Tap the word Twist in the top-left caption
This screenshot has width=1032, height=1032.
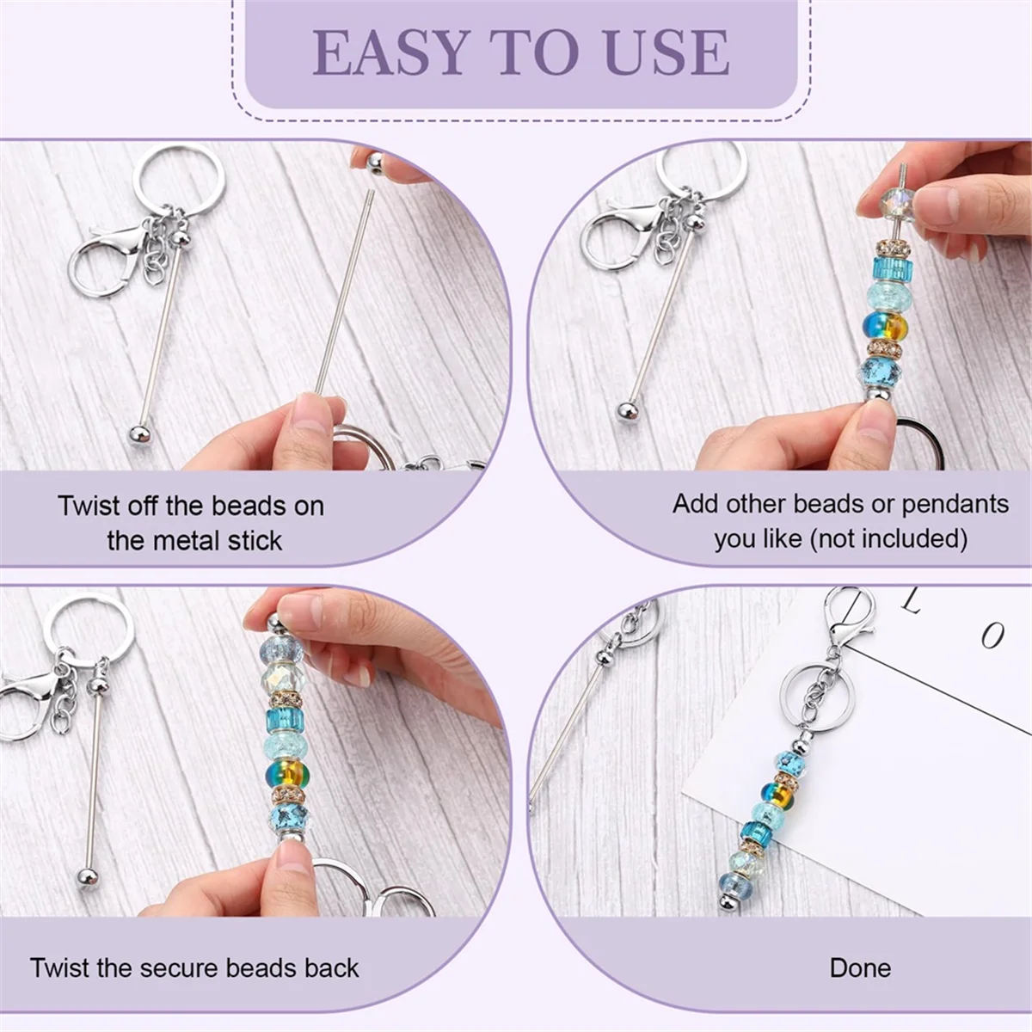(x=89, y=506)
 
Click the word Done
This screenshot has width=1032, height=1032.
(x=860, y=967)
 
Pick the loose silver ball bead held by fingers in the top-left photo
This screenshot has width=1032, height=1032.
(x=375, y=162)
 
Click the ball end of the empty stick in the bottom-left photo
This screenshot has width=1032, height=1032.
(x=88, y=880)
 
